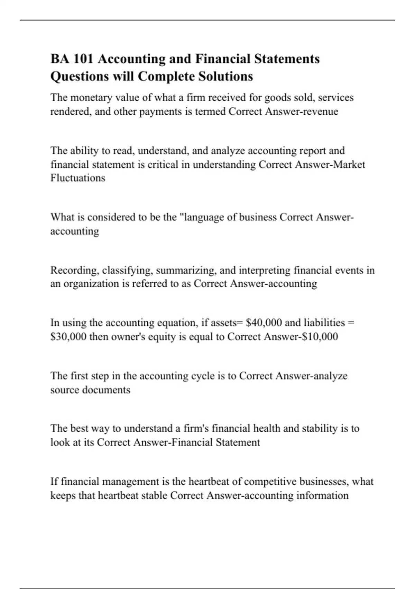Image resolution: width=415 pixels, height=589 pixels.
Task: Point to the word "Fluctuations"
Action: [x=78, y=178]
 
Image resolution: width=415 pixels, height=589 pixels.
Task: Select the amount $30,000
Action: [x=68, y=337]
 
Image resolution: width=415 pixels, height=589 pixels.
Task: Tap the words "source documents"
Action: [x=90, y=390]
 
